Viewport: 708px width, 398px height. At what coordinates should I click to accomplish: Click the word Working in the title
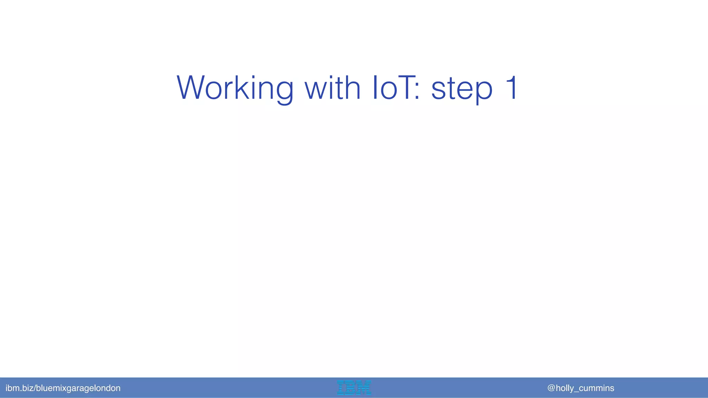[235, 88]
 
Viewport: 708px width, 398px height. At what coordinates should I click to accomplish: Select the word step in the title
[462, 89]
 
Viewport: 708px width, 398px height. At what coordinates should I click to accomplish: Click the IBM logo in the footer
[354, 388]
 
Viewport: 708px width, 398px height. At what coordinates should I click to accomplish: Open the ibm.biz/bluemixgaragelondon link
[63, 388]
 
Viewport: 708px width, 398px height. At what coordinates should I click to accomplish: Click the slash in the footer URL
[35, 388]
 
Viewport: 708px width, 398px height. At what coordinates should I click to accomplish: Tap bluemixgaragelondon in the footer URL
[78, 388]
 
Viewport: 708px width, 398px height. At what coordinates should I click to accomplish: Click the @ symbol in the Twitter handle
[551, 388]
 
